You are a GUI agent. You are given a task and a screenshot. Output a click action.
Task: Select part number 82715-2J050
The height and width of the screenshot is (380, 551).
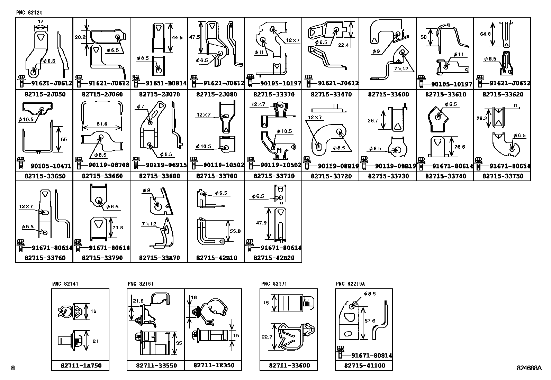click(x=45, y=94)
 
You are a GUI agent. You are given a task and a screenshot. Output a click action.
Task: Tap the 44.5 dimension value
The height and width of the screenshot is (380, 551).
click(x=177, y=38)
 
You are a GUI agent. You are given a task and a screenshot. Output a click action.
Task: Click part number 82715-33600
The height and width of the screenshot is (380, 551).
click(x=388, y=94)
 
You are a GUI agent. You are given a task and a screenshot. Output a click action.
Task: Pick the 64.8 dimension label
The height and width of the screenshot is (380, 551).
click(x=485, y=34)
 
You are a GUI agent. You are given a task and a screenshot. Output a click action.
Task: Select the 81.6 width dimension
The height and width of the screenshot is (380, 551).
click(x=102, y=124)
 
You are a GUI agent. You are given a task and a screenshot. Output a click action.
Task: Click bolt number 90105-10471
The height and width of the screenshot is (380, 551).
click(x=51, y=166)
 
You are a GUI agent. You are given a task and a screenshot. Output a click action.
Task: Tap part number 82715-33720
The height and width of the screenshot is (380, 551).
click(x=331, y=176)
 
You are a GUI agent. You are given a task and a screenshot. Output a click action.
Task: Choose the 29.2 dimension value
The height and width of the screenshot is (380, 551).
click(x=482, y=118)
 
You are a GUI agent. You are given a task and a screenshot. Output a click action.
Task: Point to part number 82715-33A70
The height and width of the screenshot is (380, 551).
click(x=160, y=258)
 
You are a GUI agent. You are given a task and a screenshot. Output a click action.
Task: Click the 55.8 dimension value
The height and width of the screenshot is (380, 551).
click(x=235, y=231)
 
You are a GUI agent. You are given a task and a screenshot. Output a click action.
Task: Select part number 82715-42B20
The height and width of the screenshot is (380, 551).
click(x=274, y=258)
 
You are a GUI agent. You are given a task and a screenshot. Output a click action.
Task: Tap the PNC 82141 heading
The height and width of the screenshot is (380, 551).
click(x=65, y=284)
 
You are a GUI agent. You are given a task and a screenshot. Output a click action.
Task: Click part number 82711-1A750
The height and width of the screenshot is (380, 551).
click(x=81, y=366)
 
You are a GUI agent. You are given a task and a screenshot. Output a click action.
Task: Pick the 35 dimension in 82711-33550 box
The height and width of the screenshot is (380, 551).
click(x=179, y=343)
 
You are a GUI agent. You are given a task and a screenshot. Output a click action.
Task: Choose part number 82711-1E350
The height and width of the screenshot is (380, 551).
click(x=214, y=365)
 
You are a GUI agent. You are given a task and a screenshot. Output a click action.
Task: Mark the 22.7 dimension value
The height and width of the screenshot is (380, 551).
click(x=267, y=337)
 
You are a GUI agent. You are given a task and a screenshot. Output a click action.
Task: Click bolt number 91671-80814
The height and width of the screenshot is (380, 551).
click(x=372, y=355)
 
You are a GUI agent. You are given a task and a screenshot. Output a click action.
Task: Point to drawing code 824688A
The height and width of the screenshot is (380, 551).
click(x=529, y=368)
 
